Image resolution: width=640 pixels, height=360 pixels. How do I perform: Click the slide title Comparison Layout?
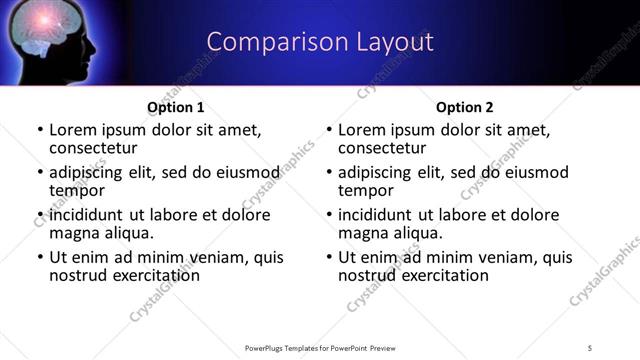[320, 42]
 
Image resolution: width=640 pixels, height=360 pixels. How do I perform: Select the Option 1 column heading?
[175, 107]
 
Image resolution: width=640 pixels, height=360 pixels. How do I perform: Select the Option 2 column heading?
[465, 107]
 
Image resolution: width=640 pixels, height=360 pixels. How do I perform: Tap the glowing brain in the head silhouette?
[47, 35]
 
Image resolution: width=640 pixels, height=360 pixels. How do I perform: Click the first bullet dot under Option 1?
[39, 130]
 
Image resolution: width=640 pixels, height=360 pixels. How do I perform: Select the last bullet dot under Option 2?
[328, 257]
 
